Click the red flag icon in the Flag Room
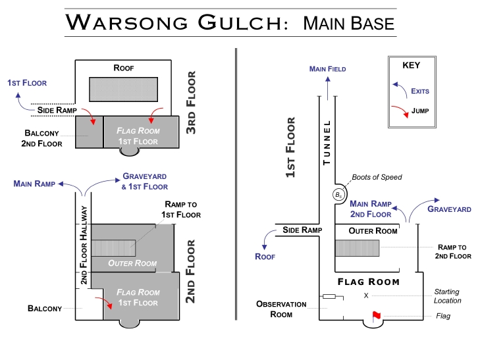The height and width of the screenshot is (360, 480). [x=376, y=317]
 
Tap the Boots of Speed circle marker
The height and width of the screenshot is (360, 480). [x=338, y=195]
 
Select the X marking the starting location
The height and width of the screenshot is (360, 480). [x=366, y=296]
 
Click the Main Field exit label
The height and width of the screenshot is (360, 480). [x=327, y=69]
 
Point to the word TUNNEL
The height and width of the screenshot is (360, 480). [x=327, y=143]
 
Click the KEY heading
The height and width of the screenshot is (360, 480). [x=411, y=65]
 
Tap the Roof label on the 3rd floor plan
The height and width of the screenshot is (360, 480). [x=124, y=68]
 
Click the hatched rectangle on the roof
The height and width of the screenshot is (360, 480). [x=123, y=90]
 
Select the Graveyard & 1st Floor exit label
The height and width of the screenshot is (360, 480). [x=144, y=182]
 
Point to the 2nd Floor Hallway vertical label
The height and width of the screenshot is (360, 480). [x=84, y=245]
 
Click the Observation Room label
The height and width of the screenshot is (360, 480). [x=281, y=309]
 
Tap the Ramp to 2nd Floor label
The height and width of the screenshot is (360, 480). [x=453, y=251]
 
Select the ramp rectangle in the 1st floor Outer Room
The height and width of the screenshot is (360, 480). [x=358, y=247]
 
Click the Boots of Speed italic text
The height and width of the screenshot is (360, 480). [x=377, y=177]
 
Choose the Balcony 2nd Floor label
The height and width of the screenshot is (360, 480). [x=41, y=138]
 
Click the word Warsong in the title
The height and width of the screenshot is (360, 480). [x=126, y=22]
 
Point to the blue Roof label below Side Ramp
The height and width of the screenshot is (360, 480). [x=265, y=257]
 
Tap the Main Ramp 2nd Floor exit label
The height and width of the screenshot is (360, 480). [x=371, y=209]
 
